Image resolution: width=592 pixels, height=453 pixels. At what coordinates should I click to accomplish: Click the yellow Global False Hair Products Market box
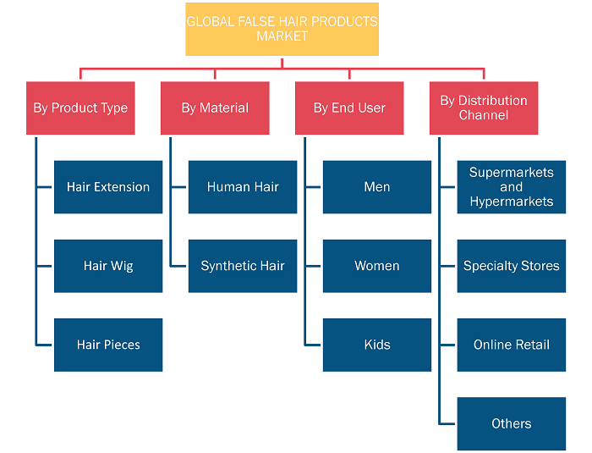(282, 29)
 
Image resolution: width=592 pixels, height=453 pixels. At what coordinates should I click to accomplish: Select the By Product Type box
(80, 108)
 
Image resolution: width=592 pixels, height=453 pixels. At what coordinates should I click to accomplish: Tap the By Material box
(215, 108)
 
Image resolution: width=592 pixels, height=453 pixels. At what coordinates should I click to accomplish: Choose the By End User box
(349, 108)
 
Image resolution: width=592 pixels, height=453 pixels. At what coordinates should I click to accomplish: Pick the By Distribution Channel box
(484, 108)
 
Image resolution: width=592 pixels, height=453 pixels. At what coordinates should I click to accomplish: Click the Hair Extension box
(108, 187)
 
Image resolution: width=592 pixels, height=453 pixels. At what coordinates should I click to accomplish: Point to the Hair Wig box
(108, 266)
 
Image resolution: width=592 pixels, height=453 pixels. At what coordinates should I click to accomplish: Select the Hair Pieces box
(108, 345)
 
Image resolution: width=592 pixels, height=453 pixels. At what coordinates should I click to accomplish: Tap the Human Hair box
(243, 187)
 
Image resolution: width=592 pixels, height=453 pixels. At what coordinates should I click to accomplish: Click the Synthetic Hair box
(243, 266)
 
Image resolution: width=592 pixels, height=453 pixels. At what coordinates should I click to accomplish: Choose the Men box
(377, 187)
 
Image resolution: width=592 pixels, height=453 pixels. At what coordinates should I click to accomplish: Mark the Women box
(377, 266)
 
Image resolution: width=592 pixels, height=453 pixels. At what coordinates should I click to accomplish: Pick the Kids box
(377, 345)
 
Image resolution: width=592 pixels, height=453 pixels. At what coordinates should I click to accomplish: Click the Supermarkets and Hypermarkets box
(512, 187)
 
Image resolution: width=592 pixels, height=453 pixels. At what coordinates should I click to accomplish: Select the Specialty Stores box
(512, 266)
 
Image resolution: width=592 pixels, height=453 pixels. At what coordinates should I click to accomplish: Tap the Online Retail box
(512, 345)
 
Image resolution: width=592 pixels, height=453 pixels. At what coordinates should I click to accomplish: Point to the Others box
(512, 423)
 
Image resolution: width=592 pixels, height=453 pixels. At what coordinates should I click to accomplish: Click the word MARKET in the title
(282, 36)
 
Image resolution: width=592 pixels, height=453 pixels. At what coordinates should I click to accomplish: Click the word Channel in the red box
(484, 115)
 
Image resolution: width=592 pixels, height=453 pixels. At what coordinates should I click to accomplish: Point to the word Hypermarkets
(512, 202)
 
